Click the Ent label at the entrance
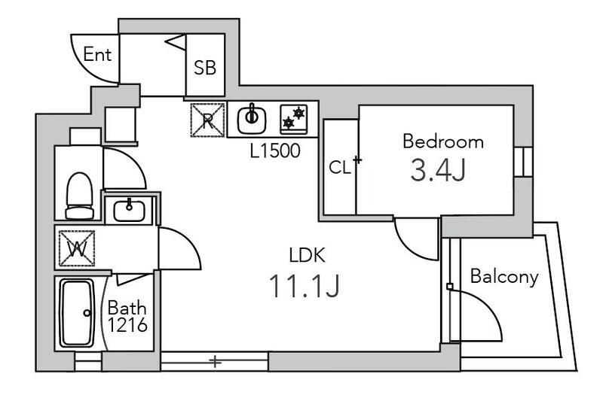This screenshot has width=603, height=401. pyautogui.click(x=97, y=54)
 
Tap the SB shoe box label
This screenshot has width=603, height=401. pyautogui.click(x=205, y=68)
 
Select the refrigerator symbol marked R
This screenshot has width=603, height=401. pyautogui.click(x=208, y=120)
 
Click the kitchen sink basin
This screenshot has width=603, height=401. pyautogui.click(x=252, y=120)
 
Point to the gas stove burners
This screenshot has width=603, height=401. pyautogui.click(x=294, y=119)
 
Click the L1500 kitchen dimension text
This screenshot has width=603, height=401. pyautogui.click(x=275, y=150)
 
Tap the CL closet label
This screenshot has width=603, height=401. pyautogui.click(x=340, y=167)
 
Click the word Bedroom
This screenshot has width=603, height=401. pyautogui.click(x=443, y=141)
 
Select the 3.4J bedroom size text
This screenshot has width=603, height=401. pyautogui.click(x=438, y=170)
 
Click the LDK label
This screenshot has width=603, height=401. pyautogui.click(x=307, y=255)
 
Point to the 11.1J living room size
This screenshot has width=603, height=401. pyautogui.click(x=304, y=286)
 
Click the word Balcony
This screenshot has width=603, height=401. pyautogui.click(x=504, y=277)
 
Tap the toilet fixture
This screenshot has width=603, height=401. pyautogui.click(x=80, y=196)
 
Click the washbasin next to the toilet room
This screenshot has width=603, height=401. pyautogui.click(x=129, y=210)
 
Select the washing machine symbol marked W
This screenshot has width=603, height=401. pyautogui.click(x=77, y=248)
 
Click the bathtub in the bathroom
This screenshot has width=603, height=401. pyautogui.click(x=77, y=313)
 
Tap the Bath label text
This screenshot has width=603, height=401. pyautogui.click(x=127, y=308)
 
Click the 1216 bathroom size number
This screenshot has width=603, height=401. pyautogui.click(x=127, y=325)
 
